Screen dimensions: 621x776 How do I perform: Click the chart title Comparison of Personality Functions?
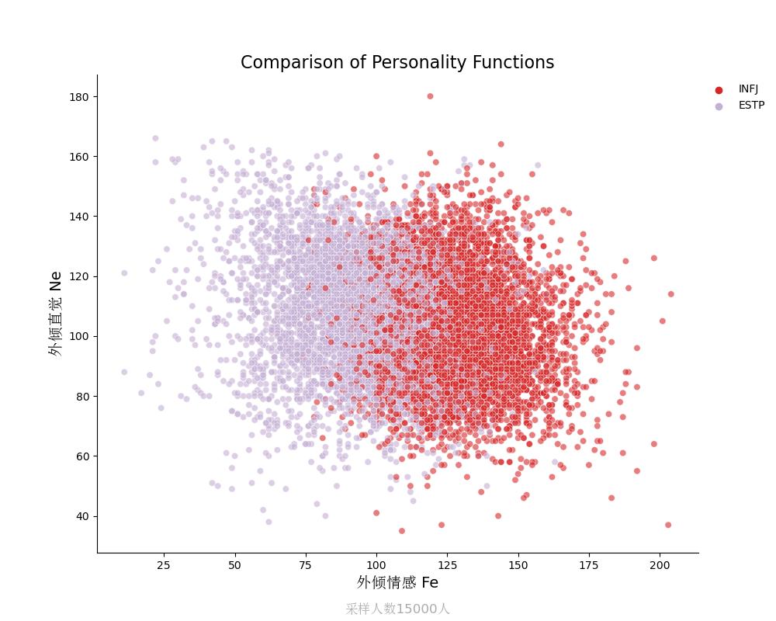click(397, 63)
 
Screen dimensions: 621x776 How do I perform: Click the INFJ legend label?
click(748, 89)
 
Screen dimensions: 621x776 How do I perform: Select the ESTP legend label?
click(751, 106)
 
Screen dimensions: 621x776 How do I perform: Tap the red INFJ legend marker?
click(719, 90)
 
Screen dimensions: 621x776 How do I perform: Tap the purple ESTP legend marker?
click(719, 106)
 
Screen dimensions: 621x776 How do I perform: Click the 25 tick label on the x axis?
click(164, 566)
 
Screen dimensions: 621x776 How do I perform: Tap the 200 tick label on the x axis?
click(660, 566)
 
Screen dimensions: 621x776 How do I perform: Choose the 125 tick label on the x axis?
click(447, 566)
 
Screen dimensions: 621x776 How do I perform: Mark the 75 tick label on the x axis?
click(306, 566)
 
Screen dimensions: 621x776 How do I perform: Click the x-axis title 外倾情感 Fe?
click(397, 583)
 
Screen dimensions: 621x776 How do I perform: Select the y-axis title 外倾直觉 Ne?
click(55, 314)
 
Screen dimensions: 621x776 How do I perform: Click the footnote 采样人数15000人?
click(397, 609)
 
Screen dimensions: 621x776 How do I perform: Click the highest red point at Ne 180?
click(430, 96)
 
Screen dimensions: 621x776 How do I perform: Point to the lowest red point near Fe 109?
click(402, 531)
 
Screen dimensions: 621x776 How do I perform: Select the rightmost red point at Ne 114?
click(671, 294)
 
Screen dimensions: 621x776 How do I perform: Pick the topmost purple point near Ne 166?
click(155, 138)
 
